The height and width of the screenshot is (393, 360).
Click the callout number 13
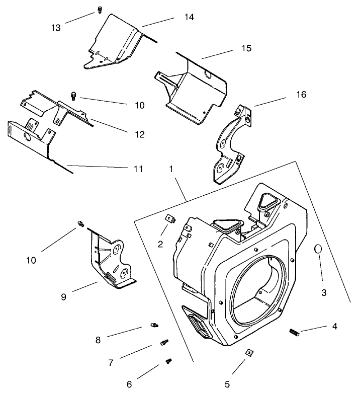click(55, 28)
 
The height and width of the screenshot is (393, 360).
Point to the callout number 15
click(232, 48)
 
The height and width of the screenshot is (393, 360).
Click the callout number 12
click(139, 134)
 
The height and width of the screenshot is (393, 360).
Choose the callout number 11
click(138, 169)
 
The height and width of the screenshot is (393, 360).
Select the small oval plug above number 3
click(318, 249)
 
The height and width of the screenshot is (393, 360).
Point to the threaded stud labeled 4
click(295, 332)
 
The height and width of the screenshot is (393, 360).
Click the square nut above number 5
click(248, 353)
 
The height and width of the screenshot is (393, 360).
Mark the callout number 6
click(129, 384)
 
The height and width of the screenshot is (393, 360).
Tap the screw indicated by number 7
click(163, 342)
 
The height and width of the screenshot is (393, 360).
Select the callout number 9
click(63, 297)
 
